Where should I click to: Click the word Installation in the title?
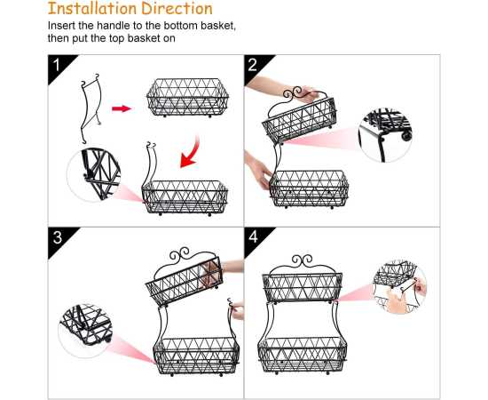[x=93, y=8]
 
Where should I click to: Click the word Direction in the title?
[x=177, y=8]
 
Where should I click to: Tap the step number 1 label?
[x=56, y=65]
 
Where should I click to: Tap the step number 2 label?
[x=252, y=65]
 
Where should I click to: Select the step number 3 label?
[x=58, y=237]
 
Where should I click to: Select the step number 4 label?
[x=254, y=237]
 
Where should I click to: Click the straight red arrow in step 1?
[x=122, y=108]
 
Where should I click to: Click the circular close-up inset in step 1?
[x=94, y=174]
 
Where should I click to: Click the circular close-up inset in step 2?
[x=385, y=135]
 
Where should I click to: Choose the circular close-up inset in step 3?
[x=85, y=331]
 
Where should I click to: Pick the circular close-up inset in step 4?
[x=399, y=287]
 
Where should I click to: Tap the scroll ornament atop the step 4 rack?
[x=302, y=260]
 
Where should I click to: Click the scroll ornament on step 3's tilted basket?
[x=179, y=254]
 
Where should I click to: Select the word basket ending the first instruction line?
[x=218, y=26]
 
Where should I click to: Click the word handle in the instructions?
[x=113, y=26]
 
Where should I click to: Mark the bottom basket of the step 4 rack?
[x=303, y=356]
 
